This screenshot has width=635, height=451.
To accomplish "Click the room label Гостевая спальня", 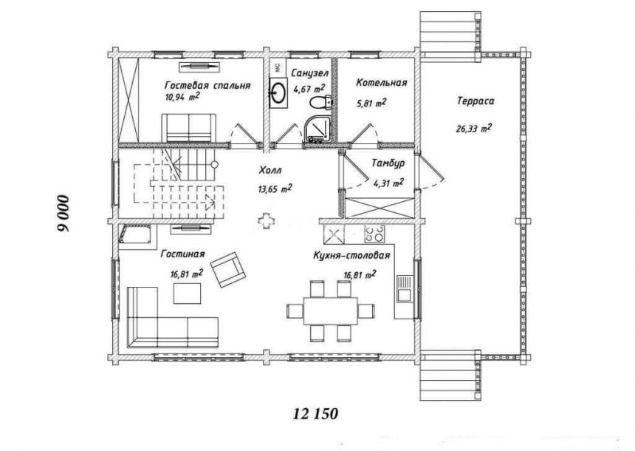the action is coord(207,86).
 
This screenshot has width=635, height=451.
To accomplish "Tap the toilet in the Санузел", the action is coord(321,102).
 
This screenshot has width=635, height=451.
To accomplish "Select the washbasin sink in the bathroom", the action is coord(278,92).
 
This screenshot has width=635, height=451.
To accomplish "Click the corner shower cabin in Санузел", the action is coord(317,128).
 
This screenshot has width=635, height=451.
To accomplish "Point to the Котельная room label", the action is coord(381,83).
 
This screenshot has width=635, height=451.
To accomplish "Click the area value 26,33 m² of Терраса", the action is coord(474,129).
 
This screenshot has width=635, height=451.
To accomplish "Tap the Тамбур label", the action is coord(388,163).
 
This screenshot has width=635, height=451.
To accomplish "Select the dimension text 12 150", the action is coord(315,414).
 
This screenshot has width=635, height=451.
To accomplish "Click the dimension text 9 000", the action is coord(63,214).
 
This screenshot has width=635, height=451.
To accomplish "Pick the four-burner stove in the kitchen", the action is coord(374,234).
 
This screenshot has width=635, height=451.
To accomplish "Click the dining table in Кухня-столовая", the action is coord(331,311).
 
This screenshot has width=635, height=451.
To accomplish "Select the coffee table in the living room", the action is coord(187,294).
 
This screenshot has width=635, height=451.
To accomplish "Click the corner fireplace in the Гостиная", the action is coord(136,234).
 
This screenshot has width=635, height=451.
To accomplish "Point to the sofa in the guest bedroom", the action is coord(189,128).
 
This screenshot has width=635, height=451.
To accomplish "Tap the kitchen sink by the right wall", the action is coord(405,288).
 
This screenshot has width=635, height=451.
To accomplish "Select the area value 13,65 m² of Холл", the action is coord(275,189).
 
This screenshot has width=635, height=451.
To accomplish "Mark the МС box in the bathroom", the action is coord(278,67).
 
